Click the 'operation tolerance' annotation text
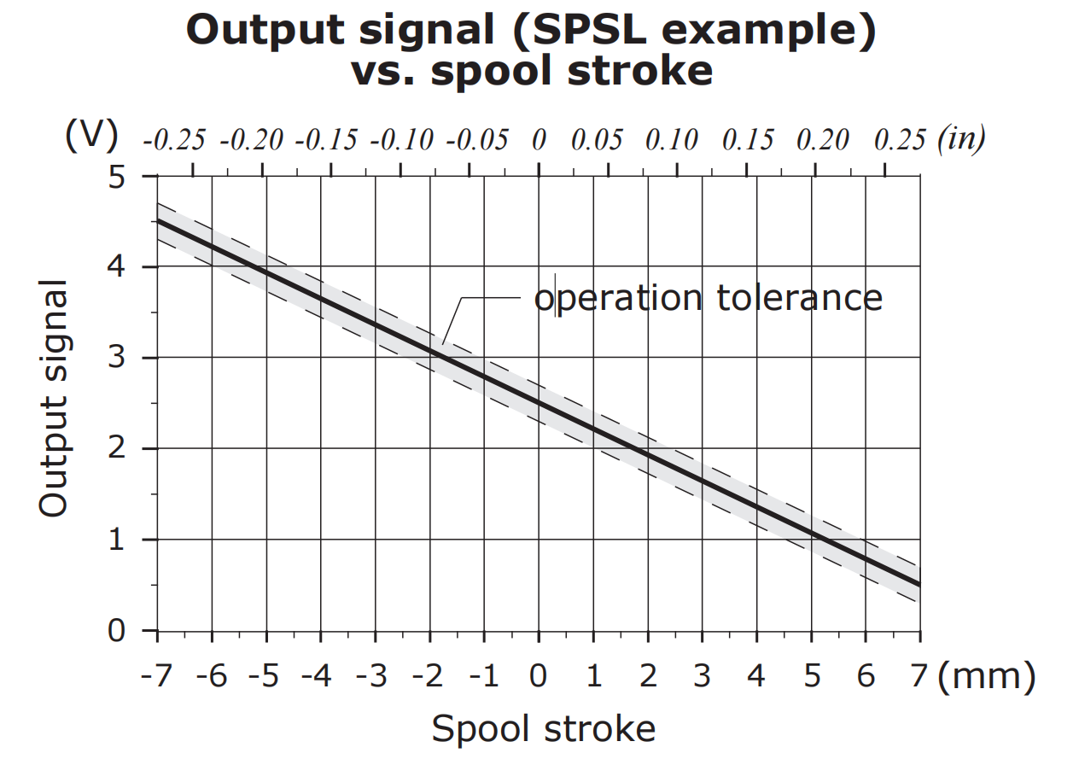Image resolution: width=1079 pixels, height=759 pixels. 708,298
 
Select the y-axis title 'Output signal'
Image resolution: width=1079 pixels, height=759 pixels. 53,398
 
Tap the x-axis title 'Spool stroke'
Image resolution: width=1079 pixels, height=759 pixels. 544,730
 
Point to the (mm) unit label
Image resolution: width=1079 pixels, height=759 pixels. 986,677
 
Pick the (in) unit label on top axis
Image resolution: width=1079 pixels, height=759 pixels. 960,138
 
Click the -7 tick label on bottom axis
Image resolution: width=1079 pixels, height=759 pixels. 157,677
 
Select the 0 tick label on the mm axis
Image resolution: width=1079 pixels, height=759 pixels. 539,677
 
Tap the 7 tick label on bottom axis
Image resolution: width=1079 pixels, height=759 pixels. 919,677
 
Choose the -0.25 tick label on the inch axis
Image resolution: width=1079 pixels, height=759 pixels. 174,140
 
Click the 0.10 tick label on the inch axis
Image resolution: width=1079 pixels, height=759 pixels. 671,140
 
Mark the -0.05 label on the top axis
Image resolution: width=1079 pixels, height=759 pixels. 477,140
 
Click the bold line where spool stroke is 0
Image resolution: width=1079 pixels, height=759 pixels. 539,403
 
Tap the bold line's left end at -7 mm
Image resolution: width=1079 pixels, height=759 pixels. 159,221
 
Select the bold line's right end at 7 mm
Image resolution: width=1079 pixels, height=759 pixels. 919,585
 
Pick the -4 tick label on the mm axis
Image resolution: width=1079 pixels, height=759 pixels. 319,677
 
